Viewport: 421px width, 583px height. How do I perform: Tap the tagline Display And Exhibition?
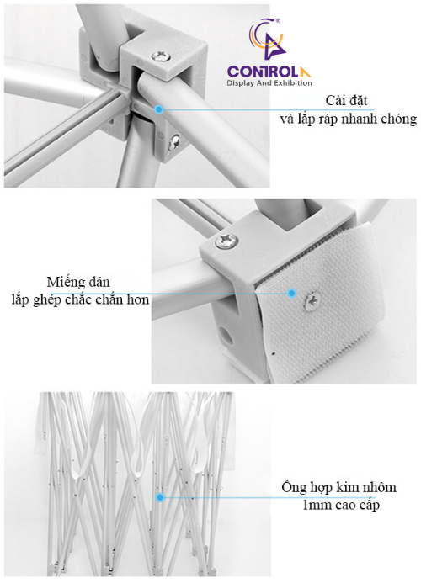(269, 83)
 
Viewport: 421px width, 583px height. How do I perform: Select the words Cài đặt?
(346, 101)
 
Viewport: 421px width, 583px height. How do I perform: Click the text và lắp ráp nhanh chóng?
(349, 119)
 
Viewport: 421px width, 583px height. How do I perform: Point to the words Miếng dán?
(78, 282)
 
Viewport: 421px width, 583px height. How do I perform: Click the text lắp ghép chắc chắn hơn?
(80, 299)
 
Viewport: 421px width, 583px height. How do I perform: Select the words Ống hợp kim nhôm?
(338, 487)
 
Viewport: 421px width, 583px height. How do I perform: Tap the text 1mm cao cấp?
(341, 505)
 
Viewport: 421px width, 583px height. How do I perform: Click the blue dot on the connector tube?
(159, 109)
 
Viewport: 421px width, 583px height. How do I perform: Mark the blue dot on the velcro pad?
(292, 294)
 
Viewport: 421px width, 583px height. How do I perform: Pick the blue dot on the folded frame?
(160, 497)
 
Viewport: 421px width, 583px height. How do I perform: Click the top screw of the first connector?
(161, 56)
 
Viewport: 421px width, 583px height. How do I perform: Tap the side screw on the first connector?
(173, 141)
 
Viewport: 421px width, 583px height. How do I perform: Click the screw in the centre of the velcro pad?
(312, 301)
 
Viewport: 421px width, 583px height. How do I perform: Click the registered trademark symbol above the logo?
(277, 21)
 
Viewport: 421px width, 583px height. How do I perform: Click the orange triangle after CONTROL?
(306, 72)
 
